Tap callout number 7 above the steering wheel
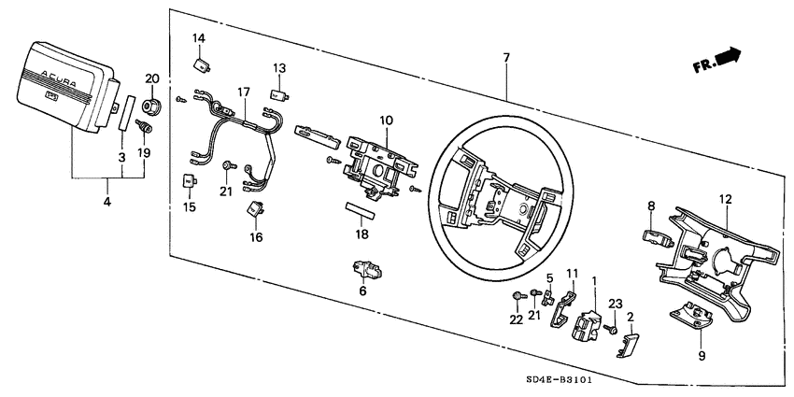click(505, 58)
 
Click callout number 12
click(725, 198)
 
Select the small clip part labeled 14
click(200, 64)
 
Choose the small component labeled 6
click(364, 270)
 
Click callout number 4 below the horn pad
click(107, 202)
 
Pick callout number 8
click(651, 205)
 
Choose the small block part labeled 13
click(277, 92)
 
